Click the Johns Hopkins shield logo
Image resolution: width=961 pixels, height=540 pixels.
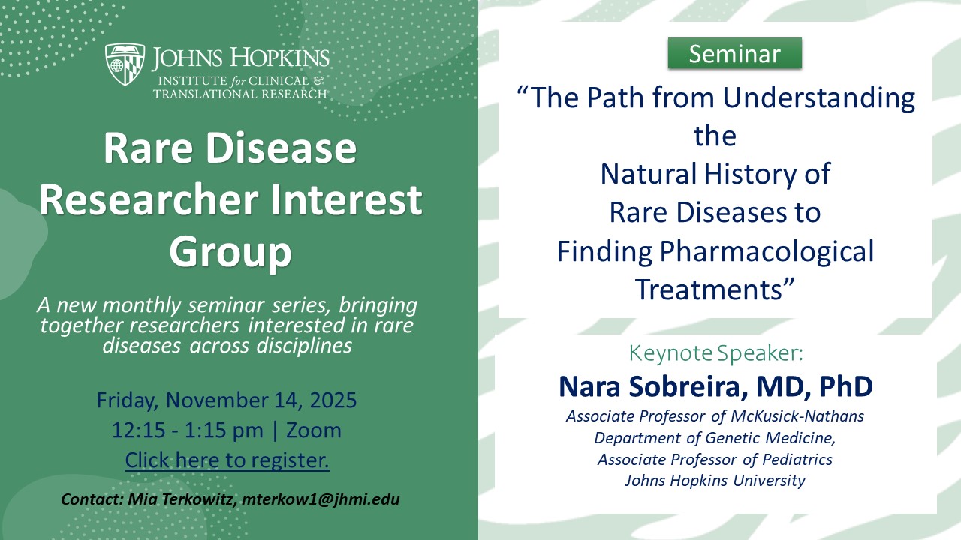click(x=125, y=64)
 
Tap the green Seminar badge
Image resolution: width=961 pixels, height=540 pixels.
click(x=734, y=53)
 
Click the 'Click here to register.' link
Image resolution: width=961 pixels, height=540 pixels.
click(x=227, y=460)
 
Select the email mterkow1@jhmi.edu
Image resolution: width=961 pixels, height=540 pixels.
click(x=321, y=499)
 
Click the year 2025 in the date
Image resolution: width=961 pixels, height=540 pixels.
click(x=333, y=400)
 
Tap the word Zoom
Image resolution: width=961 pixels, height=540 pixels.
click(x=314, y=430)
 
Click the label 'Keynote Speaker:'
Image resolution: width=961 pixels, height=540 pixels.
click(x=715, y=352)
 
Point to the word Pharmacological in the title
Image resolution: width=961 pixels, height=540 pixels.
click(x=767, y=251)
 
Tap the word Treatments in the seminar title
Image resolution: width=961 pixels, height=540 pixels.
click(x=715, y=289)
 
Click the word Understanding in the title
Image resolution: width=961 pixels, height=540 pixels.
click(x=819, y=97)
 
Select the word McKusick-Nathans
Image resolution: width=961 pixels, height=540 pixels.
click(x=797, y=416)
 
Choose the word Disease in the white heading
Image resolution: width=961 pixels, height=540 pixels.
click(x=281, y=148)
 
